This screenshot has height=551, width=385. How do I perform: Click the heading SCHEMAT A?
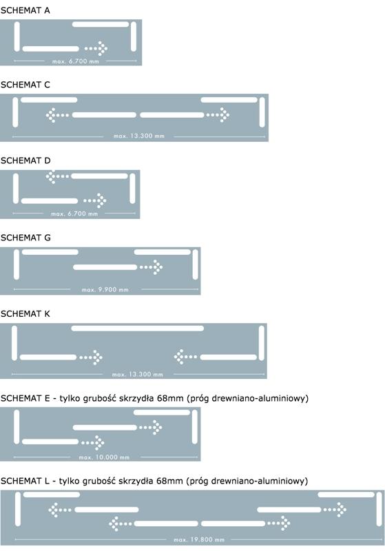click(x=25, y=10)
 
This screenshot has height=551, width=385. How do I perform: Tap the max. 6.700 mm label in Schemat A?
click(x=76, y=61)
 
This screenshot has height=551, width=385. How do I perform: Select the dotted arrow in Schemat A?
click(x=96, y=48)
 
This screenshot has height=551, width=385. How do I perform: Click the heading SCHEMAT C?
click(x=25, y=85)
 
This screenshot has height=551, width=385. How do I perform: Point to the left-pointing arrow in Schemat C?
click(x=58, y=115)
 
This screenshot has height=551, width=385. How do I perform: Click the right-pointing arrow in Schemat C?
click(x=218, y=114)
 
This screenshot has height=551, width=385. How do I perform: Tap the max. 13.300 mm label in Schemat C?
click(x=139, y=136)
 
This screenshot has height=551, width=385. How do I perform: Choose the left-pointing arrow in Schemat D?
click(x=58, y=176)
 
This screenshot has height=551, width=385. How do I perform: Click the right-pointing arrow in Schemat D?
click(x=95, y=200)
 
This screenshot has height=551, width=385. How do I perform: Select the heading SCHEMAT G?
click(x=25, y=238)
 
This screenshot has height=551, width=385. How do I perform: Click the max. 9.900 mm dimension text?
click(x=105, y=289)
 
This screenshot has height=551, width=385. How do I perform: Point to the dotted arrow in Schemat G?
click(x=151, y=267)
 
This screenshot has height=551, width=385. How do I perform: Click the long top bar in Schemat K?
click(x=137, y=329)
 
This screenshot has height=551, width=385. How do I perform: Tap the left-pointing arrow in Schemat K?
click(x=185, y=357)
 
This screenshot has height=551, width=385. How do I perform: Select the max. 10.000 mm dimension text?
click(x=104, y=457)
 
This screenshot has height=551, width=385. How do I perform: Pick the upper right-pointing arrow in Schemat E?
click(x=151, y=427)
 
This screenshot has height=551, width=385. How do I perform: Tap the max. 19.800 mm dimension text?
click(x=199, y=539)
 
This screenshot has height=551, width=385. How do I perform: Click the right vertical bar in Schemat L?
click(x=379, y=509)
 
